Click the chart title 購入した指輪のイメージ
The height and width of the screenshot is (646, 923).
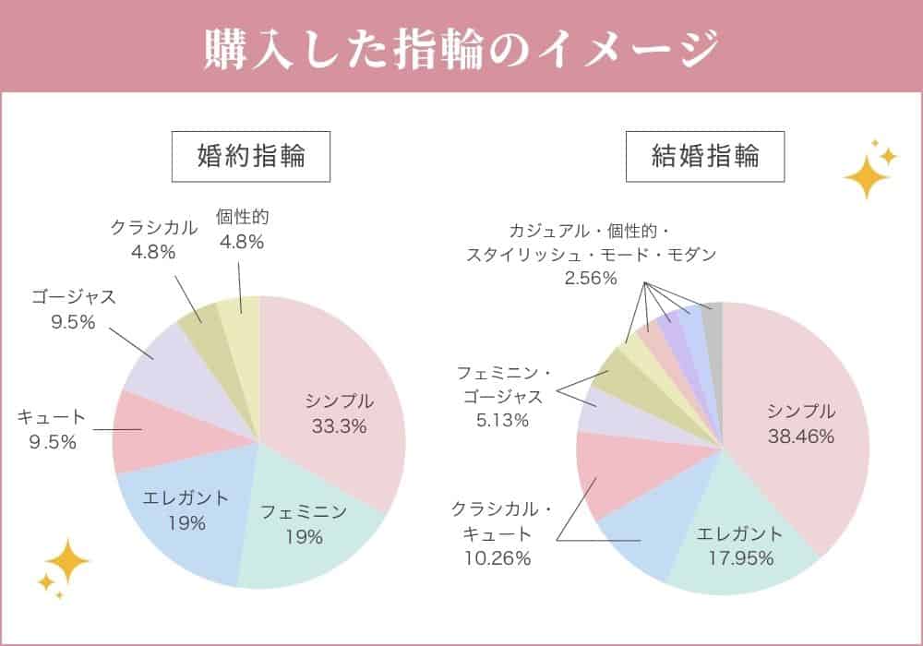[461, 48]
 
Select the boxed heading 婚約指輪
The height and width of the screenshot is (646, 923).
[251, 156]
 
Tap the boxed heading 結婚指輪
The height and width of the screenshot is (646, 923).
[705, 156]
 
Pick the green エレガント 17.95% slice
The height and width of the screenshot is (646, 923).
[729, 554]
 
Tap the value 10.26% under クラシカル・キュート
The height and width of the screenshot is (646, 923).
[498, 557]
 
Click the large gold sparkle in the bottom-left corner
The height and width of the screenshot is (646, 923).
[66, 560]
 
